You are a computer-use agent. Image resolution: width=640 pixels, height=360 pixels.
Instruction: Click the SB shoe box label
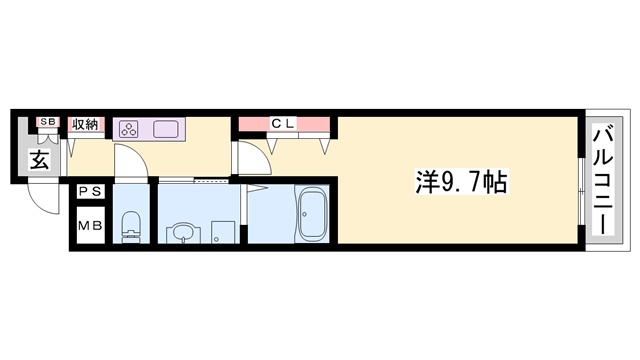46,123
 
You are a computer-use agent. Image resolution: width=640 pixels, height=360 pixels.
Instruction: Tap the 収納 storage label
85,124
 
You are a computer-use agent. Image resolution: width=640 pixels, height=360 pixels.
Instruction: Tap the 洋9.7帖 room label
461,181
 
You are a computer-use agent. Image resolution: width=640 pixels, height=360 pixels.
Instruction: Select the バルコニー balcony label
603,179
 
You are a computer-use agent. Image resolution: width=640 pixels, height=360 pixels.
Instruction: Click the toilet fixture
130,226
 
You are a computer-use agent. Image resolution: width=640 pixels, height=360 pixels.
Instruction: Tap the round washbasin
181,233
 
